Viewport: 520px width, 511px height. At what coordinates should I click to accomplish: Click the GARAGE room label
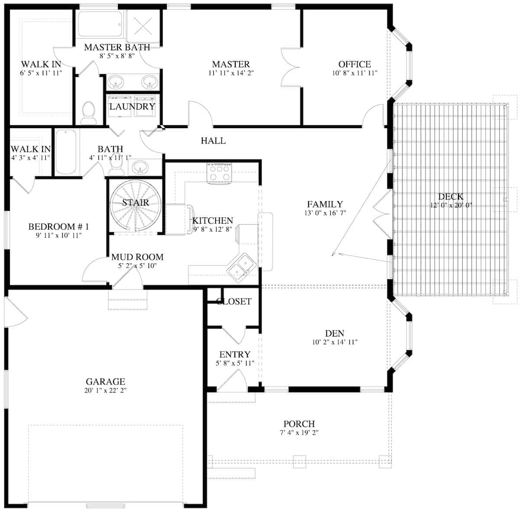[x=105, y=382]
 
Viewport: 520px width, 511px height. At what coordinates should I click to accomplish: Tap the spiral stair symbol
[x=135, y=206]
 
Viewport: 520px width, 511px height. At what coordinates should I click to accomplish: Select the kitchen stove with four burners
[x=219, y=173]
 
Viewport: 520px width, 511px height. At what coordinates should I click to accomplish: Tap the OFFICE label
[x=354, y=65]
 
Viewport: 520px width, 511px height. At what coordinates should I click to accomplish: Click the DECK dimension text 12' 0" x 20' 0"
[x=451, y=205]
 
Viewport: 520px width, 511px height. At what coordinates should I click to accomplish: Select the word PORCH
[x=299, y=424]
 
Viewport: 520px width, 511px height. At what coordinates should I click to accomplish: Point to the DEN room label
[x=335, y=333]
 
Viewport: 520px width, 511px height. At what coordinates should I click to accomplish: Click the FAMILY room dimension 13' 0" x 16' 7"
[x=325, y=213]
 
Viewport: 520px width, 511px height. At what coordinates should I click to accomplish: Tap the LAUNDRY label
[x=132, y=107]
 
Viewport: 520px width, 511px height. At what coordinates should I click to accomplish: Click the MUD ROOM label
[x=137, y=257]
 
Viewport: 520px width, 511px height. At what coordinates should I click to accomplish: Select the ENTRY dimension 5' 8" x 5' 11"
[x=234, y=363]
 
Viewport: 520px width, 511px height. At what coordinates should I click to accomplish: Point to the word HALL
[x=213, y=141]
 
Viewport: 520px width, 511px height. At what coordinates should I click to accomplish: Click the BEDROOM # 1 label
[x=58, y=226]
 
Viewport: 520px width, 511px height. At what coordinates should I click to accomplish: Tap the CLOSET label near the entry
[x=234, y=301]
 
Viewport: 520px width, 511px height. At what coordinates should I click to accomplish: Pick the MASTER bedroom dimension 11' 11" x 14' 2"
[x=231, y=73]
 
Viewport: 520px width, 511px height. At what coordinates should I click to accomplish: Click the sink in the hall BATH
[x=140, y=166]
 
